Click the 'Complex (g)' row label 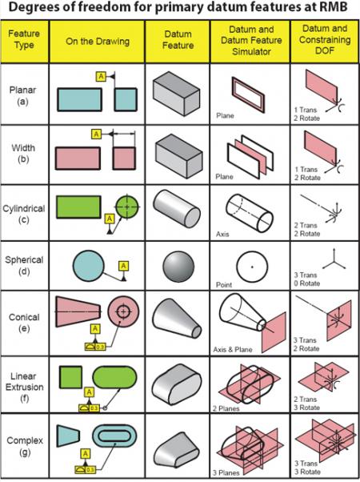click(x=24, y=444)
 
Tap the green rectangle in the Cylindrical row click(x=78, y=207)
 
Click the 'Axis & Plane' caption click(x=233, y=350)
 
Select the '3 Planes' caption click(x=227, y=472)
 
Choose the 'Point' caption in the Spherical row click(x=223, y=295)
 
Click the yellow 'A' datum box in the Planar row click(x=100, y=75)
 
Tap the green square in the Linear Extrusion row click(x=69, y=377)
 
